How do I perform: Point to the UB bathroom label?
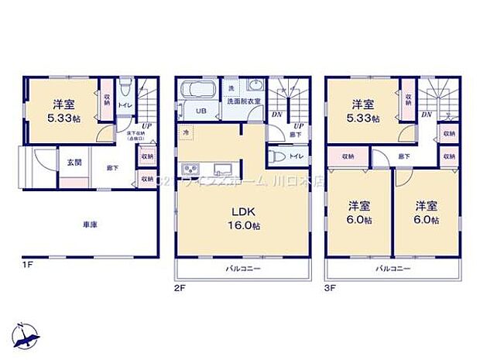tap(201, 111)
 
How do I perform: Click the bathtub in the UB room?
tap(201, 91)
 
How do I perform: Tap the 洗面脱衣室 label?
tap(241, 101)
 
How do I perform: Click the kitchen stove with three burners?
tap(190, 170)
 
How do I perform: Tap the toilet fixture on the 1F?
tap(125, 86)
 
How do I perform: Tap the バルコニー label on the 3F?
tap(393, 269)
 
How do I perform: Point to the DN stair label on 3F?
tap(427, 114)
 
